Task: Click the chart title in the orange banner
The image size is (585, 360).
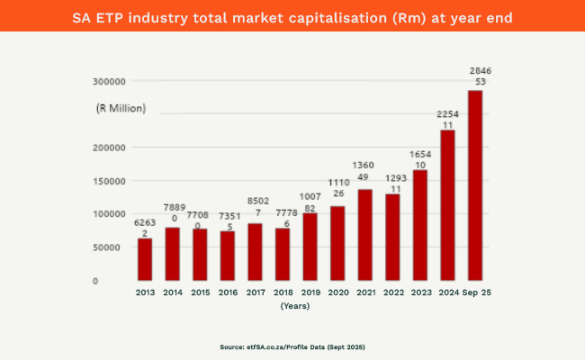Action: point(292,15)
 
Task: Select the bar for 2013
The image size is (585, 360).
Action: point(145,259)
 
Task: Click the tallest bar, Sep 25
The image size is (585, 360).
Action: point(474,184)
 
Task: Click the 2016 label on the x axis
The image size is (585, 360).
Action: point(228,292)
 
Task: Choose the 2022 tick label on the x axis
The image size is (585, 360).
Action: point(392,292)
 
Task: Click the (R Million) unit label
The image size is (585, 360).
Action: point(121,109)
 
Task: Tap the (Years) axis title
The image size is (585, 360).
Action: point(294,306)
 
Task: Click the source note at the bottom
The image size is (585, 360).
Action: point(292,346)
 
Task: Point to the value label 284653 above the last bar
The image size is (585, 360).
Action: point(480,76)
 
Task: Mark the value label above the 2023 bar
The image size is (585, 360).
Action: point(420,160)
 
